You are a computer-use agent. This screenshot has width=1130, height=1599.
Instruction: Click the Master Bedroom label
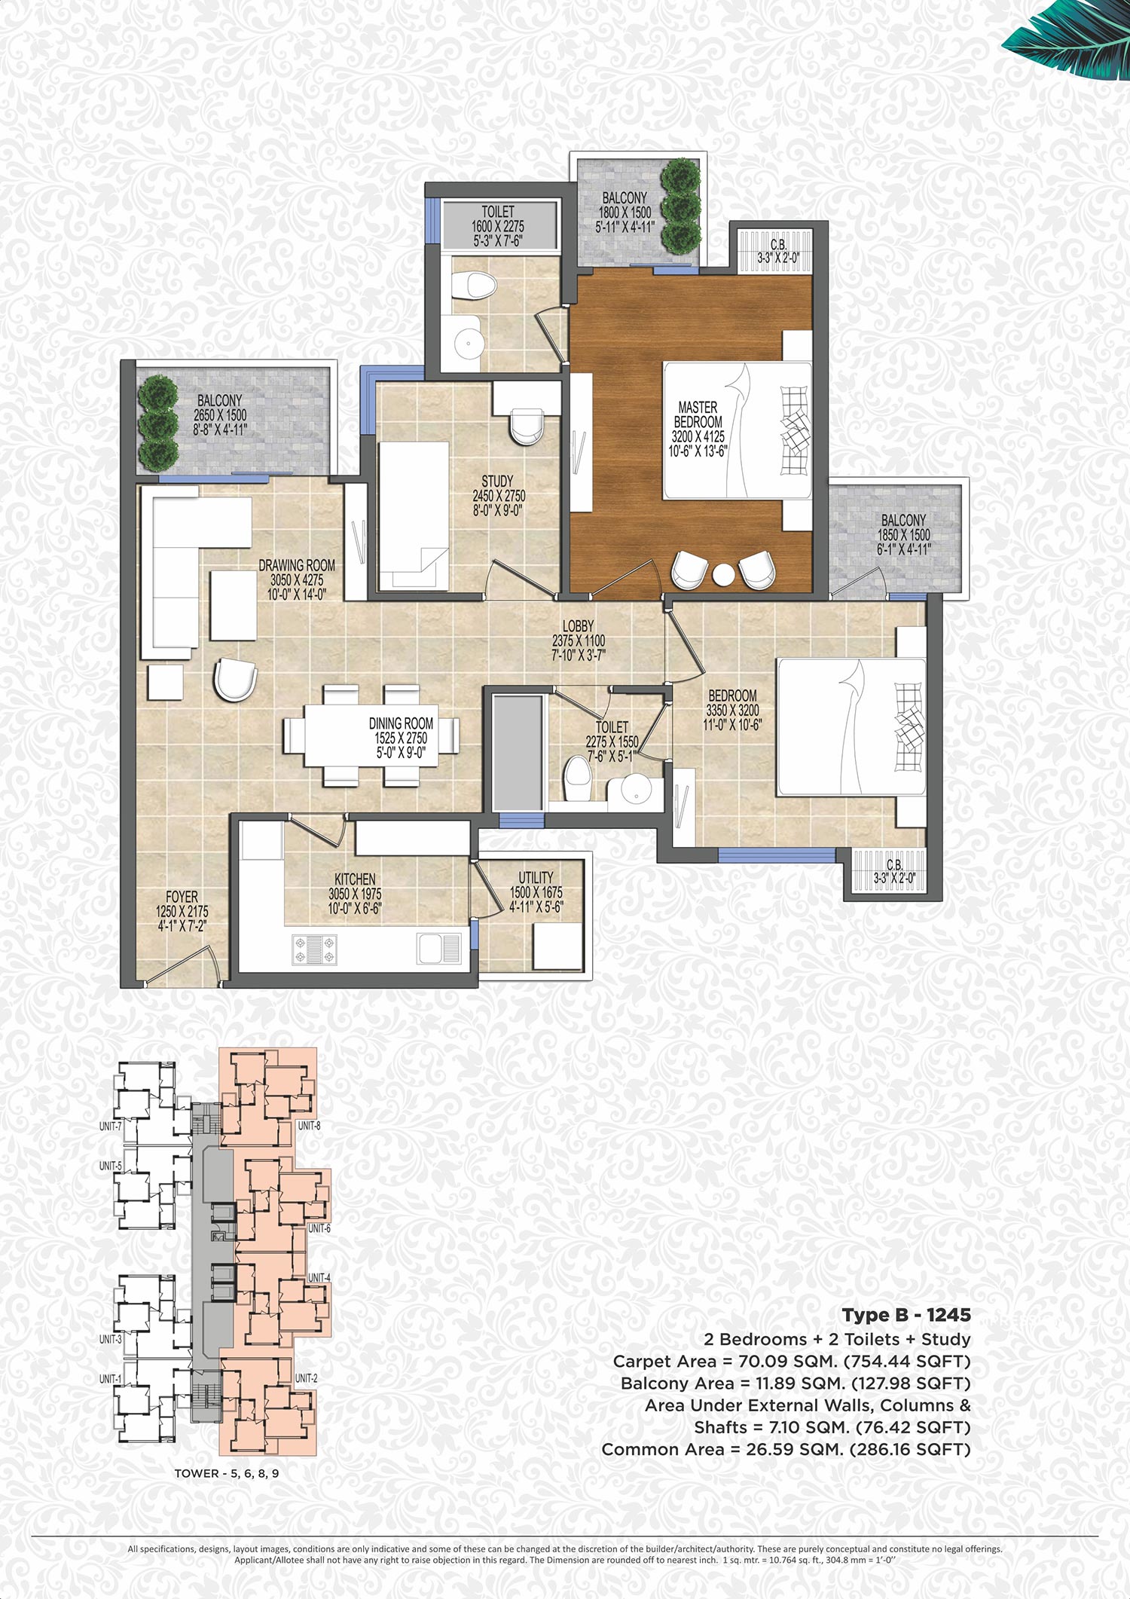[698, 414]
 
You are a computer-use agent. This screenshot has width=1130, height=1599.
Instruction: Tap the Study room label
[497, 481]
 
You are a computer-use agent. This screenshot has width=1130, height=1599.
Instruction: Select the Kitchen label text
[355, 879]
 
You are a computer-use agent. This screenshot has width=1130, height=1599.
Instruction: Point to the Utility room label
[536, 877]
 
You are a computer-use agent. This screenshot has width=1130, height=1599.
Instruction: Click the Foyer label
[182, 897]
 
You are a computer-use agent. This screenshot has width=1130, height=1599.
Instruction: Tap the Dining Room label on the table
[401, 723]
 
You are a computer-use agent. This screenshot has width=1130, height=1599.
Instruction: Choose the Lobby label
[578, 625]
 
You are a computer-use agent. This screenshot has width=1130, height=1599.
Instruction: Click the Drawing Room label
[297, 565]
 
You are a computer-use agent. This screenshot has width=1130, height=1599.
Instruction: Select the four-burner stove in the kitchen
[315, 949]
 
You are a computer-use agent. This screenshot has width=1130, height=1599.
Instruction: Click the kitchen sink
[439, 948]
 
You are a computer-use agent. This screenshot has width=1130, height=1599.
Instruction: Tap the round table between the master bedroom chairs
[723, 574]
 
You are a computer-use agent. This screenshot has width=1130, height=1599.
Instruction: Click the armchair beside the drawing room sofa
[236, 680]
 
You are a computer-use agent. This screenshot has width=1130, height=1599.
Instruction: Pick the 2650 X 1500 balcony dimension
[220, 415]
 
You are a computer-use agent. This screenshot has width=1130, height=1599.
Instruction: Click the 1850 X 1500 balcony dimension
[903, 535]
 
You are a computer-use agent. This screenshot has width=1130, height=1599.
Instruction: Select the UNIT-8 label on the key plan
[309, 1126]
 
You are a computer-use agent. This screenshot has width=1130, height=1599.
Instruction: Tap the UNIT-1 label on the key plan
[110, 1379]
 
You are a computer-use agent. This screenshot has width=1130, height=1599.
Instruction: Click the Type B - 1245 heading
[906, 1316]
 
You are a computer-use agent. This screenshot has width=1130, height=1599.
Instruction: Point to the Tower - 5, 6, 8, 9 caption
[227, 1473]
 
